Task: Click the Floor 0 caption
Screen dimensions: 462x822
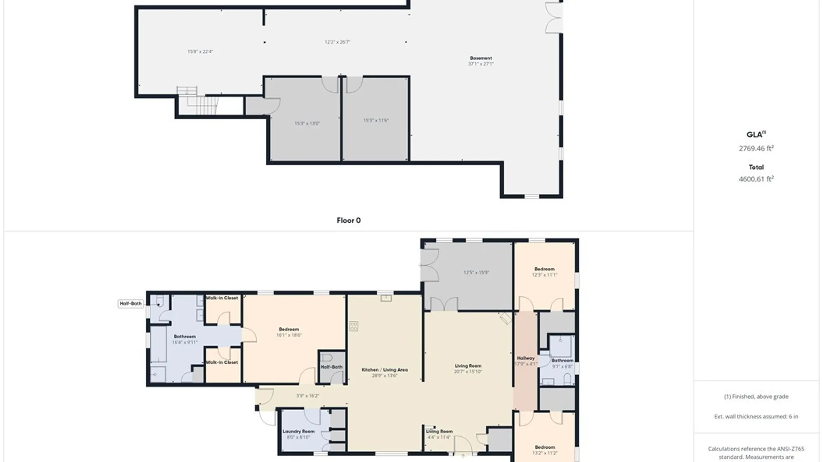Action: pyautogui.click(x=348, y=220)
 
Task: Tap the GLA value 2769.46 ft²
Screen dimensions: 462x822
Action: pyautogui.click(x=756, y=148)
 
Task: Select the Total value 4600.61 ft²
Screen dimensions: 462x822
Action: pyautogui.click(x=756, y=179)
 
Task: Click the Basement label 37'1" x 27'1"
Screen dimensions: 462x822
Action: pyautogui.click(x=481, y=61)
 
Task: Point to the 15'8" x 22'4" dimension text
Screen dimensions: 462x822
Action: pyautogui.click(x=200, y=52)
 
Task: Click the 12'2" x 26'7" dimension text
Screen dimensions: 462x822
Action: pyautogui.click(x=337, y=42)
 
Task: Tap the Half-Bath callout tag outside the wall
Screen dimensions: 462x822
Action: pyautogui.click(x=131, y=303)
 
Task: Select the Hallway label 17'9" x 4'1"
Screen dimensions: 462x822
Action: pyautogui.click(x=525, y=361)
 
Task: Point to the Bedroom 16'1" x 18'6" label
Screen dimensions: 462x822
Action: pyautogui.click(x=289, y=332)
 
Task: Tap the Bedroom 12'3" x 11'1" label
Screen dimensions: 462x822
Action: pyautogui.click(x=545, y=272)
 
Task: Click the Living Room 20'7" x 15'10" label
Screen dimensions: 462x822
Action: pyautogui.click(x=468, y=368)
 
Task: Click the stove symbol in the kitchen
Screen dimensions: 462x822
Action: pyautogui.click(x=354, y=326)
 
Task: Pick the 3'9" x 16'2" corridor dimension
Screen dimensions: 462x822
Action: pyautogui.click(x=307, y=396)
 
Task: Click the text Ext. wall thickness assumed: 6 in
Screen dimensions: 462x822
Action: pyautogui.click(x=756, y=416)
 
